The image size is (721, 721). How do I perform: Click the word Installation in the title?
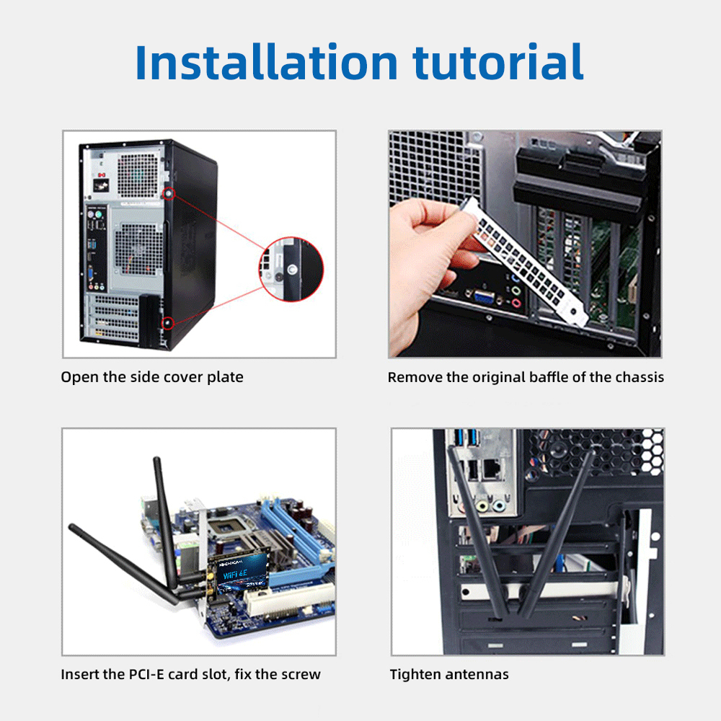tap(267, 62)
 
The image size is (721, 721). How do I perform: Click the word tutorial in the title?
tap(498, 62)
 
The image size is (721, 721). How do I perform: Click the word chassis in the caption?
tap(640, 377)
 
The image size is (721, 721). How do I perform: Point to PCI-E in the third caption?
tap(146, 674)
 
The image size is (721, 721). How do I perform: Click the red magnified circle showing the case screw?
tap(291, 269)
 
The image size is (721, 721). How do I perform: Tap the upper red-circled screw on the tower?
tap(169, 194)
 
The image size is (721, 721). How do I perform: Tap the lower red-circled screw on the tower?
tap(168, 323)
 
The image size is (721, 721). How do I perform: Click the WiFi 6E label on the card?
tap(235, 575)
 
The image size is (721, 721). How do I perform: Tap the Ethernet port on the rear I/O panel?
tap(492, 469)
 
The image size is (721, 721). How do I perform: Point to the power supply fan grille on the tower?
tap(138, 175)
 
